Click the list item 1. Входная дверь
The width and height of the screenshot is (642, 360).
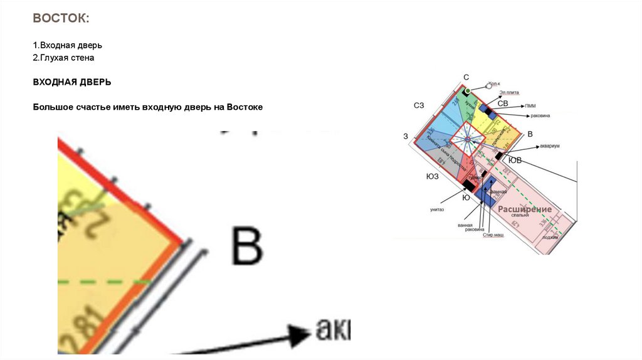click(x=67, y=46)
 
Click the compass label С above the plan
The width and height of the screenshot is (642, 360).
click(x=466, y=77)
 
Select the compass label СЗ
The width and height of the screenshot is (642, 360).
click(x=419, y=105)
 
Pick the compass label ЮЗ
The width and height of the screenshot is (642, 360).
click(x=432, y=176)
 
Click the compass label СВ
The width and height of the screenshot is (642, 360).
click(x=502, y=103)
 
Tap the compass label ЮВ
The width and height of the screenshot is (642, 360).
click(x=514, y=161)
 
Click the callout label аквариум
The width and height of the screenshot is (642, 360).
click(x=549, y=146)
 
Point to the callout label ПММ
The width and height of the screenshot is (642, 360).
click(x=530, y=106)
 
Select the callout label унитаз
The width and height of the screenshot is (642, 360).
click(x=437, y=209)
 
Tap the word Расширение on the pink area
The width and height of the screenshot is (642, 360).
click(x=525, y=208)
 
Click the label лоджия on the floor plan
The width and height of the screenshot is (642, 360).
click(x=550, y=237)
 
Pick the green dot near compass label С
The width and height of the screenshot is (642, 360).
click(x=467, y=92)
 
